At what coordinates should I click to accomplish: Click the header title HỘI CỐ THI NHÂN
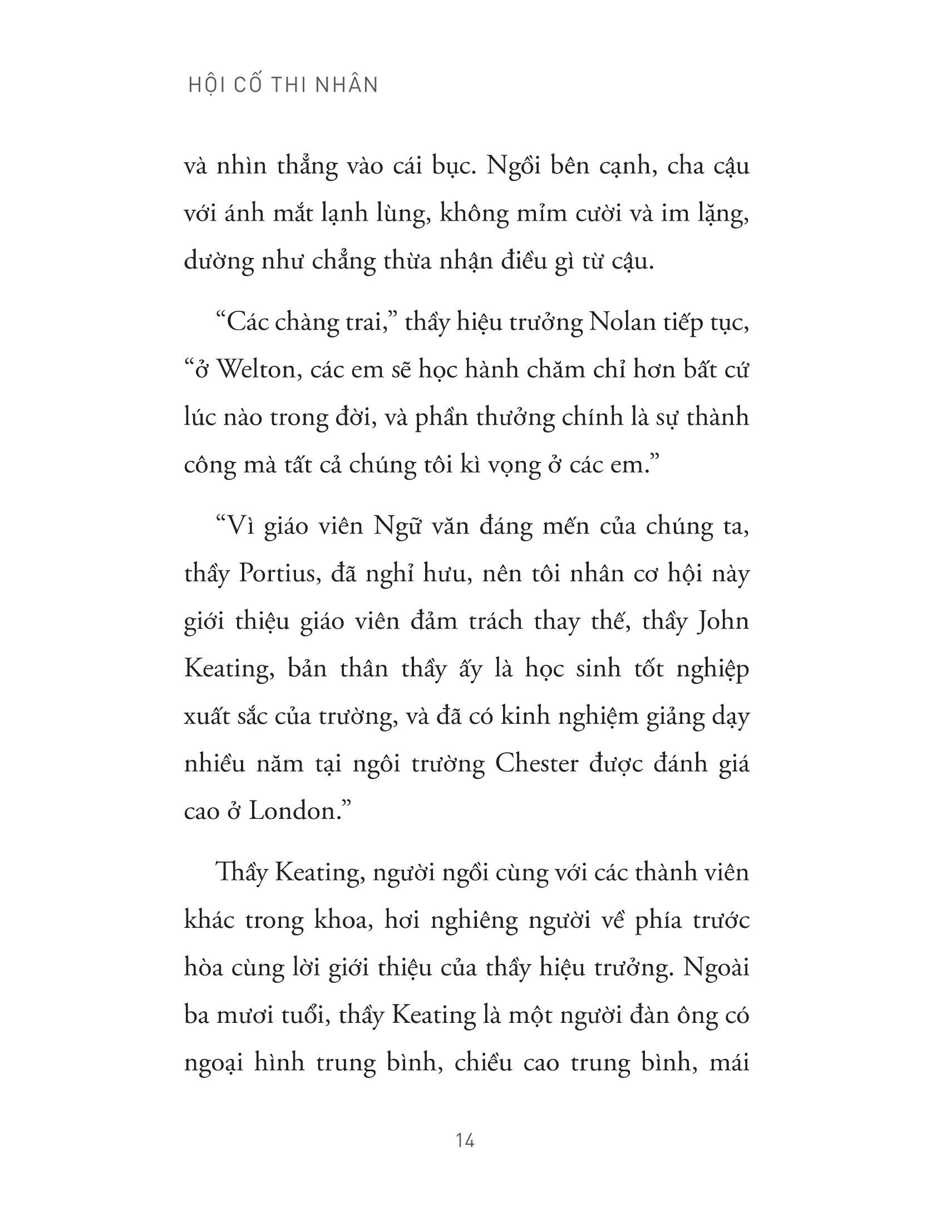coord(283,84)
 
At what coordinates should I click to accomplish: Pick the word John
coord(723,622)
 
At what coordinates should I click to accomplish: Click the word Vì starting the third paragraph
coord(237,527)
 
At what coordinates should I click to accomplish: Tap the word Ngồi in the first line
coord(514,166)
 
